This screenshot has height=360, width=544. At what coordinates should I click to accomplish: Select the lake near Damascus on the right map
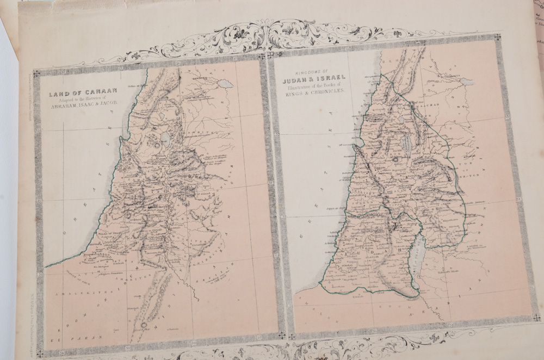[466, 82]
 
